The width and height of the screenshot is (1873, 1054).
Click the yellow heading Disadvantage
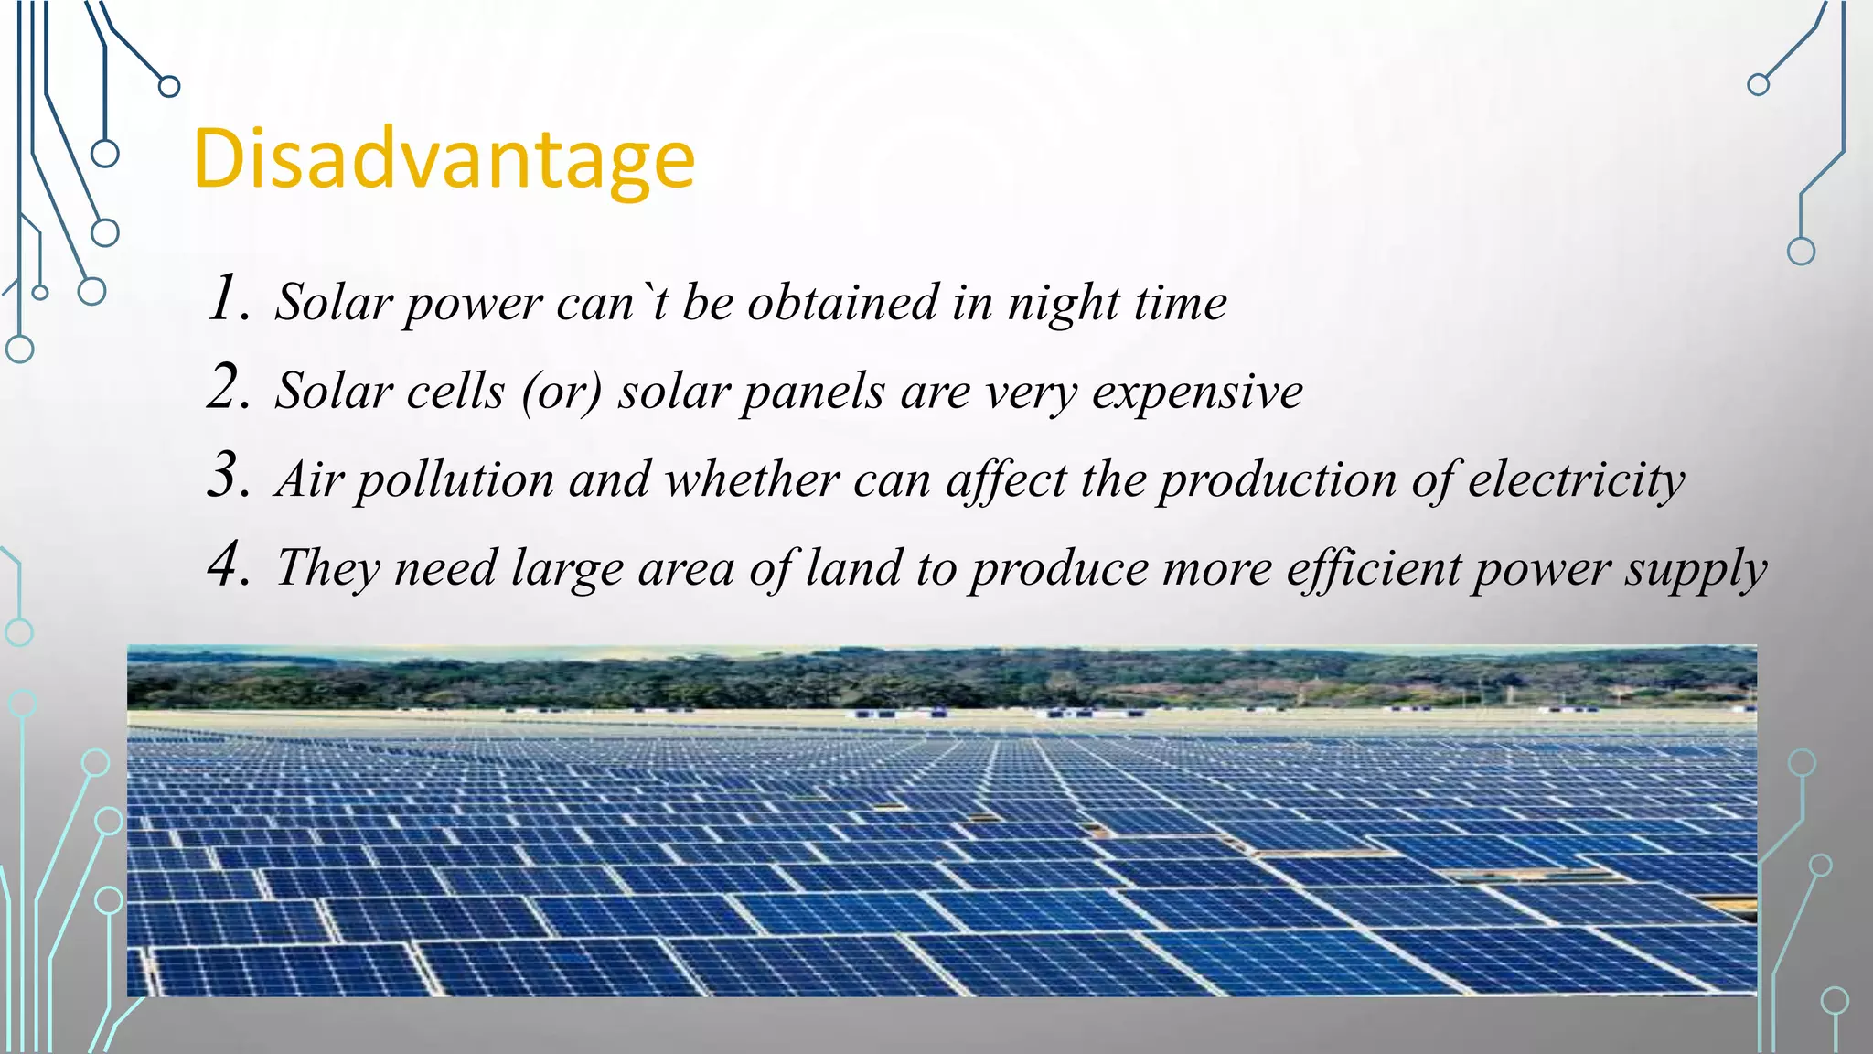[444, 160]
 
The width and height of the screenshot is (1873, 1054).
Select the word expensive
[1197, 393]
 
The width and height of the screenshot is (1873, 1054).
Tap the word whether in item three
[752, 480]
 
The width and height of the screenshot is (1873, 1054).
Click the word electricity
[1576, 481]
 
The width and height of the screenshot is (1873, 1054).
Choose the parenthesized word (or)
[562, 393]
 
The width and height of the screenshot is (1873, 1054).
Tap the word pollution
[455, 481]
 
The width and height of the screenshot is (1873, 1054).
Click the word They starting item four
[327, 568]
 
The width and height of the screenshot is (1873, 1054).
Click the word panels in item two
[813, 393]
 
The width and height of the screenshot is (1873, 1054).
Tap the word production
[1277, 481]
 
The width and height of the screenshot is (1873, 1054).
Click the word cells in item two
[455, 392]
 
